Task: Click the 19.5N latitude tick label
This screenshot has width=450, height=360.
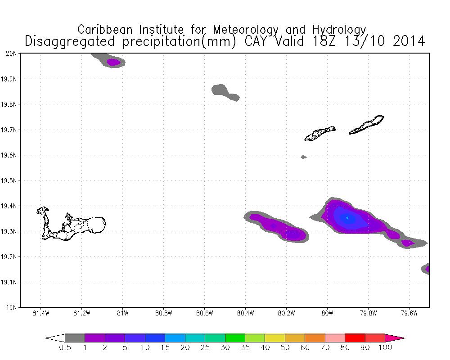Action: coord(9,181)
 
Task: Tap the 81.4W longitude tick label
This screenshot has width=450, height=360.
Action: coord(41,314)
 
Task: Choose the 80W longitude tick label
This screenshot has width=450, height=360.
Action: coord(327,314)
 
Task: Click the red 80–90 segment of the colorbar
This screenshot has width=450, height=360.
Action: coord(355,338)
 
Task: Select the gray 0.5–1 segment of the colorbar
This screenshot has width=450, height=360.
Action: coord(75,338)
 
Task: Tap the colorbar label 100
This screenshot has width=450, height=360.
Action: coord(385,348)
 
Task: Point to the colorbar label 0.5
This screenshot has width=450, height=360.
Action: coord(65,348)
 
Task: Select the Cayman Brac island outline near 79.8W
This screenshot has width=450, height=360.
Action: coord(367,125)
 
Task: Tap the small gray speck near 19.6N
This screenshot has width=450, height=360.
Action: coord(304,157)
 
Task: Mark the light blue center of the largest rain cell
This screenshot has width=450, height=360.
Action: coord(347,218)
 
